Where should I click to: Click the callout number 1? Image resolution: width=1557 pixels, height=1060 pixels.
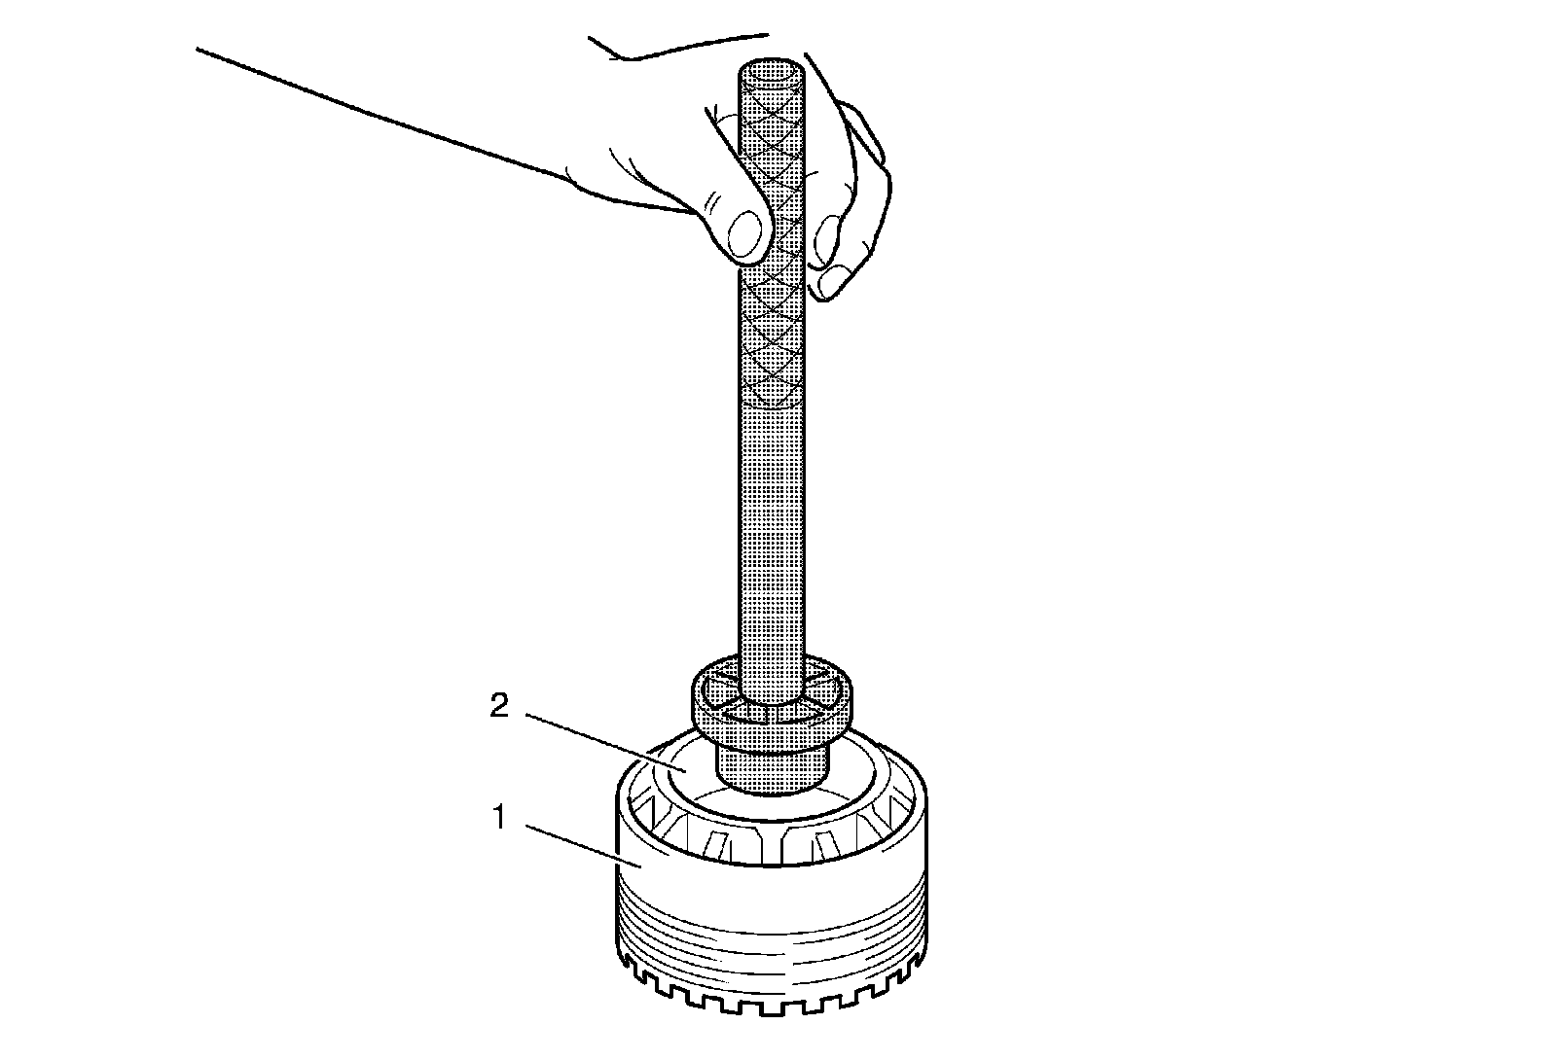[499, 818]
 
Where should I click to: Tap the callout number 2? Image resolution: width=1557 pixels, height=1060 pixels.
[499, 706]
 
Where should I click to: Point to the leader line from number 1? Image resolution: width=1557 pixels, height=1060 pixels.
[582, 845]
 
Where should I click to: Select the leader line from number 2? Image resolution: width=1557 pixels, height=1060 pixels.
[605, 742]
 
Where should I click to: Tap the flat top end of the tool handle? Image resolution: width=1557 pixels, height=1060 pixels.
[771, 72]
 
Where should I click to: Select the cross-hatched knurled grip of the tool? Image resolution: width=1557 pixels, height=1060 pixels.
[771, 236]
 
